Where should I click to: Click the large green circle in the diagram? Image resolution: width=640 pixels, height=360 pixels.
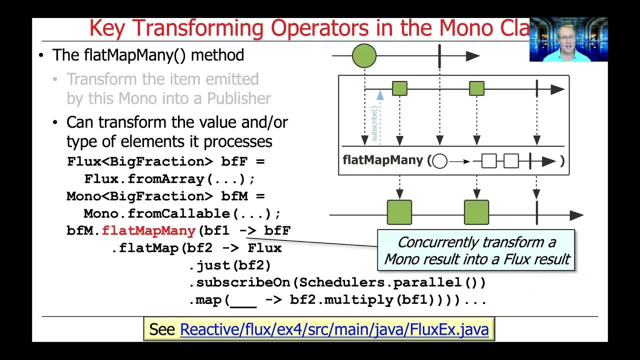click(364, 55)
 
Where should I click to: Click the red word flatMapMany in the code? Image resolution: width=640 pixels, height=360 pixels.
click(148, 230)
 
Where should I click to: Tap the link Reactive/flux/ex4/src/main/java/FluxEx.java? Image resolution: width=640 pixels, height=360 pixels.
click(334, 329)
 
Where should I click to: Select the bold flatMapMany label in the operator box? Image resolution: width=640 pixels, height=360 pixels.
click(383, 161)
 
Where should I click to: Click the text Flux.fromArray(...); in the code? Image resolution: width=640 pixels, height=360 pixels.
click(169, 179)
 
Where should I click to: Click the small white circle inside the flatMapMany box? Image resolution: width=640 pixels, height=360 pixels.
click(439, 161)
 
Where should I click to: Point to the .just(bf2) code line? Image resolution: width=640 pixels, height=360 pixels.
click(229, 265)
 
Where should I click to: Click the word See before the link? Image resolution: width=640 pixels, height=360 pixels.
click(162, 329)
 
